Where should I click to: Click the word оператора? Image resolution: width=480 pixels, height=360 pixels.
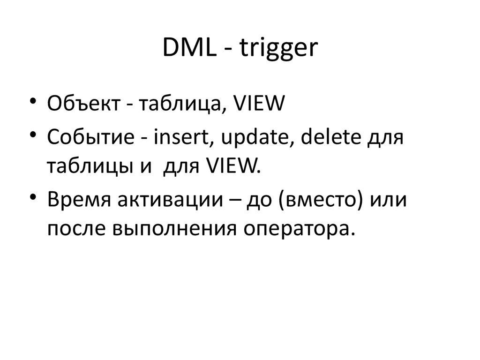coord(295,229)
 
